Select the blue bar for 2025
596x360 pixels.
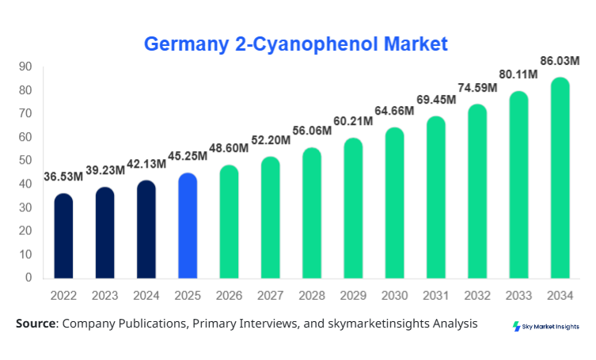click(x=188, y=225)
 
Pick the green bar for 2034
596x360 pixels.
click(x=560, y=178)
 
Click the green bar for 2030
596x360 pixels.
click(x=394, y=203)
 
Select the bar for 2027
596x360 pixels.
click(x=270, y=218)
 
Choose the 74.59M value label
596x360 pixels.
click(x=477, y=88)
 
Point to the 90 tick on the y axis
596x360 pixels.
click(x=25, y=66)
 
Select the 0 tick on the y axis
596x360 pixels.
click(x=28, y=278)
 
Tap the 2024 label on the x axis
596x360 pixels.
click(x=146, y=296)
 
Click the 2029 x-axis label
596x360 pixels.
click(x=353, y=296)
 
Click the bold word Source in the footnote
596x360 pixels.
click(x=36, y=324)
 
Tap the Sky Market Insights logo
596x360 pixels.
click(x=545, y=326)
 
